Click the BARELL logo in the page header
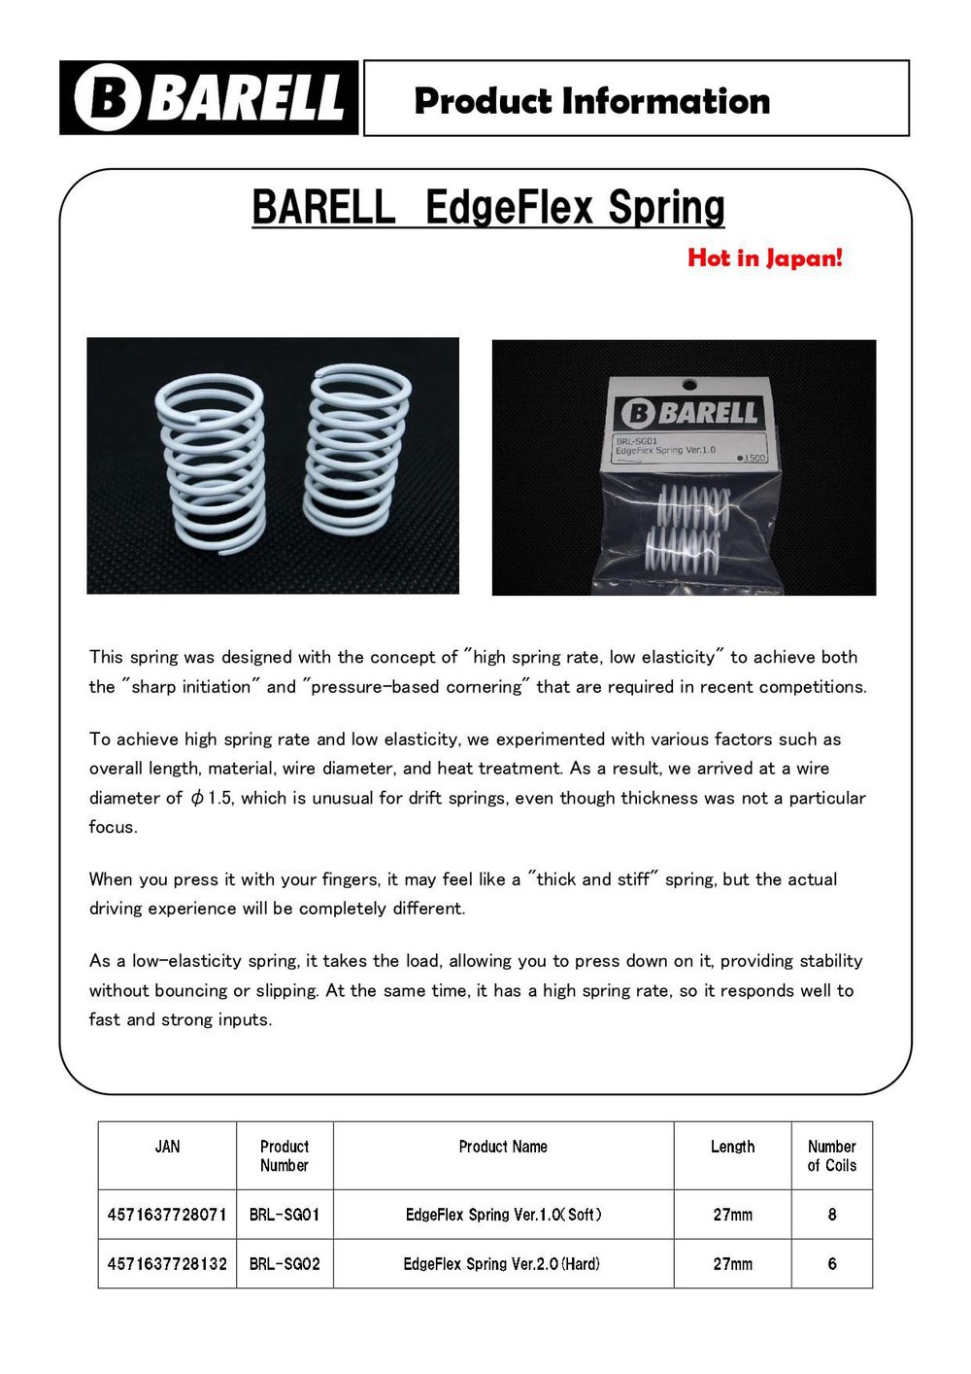click(209, 98)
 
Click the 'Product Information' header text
click(591, 101)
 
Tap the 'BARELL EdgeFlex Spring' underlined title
click(488, 208)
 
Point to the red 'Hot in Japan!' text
click(765, 258)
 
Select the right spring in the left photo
click(356, 449)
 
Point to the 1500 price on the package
click(753, 458)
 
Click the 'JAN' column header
click(167, 1147)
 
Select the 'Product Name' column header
click(503, 1147)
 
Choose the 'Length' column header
click(732, 1147)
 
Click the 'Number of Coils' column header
click(832, 1155)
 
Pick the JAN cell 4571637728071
click(167, 1215)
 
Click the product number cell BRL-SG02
click(285, 1264)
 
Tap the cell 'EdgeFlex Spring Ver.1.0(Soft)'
click(503, 1215)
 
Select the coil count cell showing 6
click(832, 1264)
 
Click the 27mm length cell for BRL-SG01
click(732, 1215)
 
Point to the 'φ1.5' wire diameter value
click(211, 798)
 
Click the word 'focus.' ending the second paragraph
click(114, 827)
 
